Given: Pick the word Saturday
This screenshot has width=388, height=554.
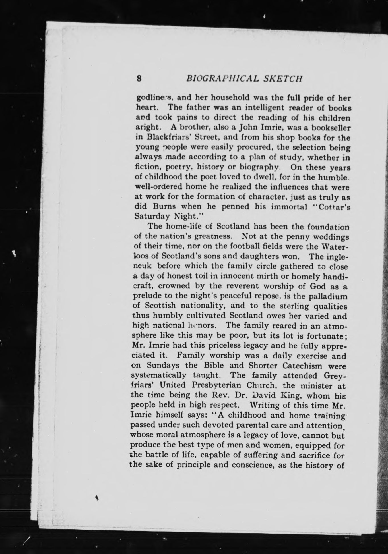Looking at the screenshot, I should pyautogui.click(x=152, y=216).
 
